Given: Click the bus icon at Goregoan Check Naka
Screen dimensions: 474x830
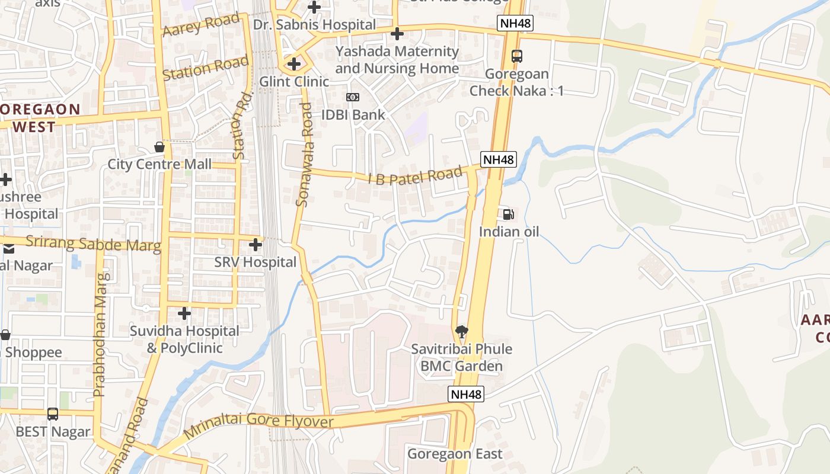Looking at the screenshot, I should tap(517, 56).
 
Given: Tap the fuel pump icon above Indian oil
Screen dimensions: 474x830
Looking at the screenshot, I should tap(508, 214).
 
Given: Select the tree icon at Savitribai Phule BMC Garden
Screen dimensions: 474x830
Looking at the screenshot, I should tap(461, 332).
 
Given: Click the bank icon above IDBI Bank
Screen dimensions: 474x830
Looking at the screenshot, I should tap(353, 97).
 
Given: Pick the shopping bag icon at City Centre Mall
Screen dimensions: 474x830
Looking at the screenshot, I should tap(159, 146).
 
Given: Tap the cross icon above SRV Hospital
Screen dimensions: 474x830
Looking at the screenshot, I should tap(256, 244).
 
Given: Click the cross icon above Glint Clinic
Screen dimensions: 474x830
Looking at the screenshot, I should tap(293, 63).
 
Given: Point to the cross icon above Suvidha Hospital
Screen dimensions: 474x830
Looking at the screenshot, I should tap(184, 313).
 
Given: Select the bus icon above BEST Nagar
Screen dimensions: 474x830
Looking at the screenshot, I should tap(53, 414).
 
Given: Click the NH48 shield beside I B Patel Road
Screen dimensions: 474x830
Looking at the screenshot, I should tap(499, 159).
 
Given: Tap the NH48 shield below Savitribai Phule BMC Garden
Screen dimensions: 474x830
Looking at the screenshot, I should tap(466, 394).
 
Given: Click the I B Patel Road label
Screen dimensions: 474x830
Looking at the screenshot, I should tap(415, 176).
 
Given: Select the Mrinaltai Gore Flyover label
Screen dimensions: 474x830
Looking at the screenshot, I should tap(259, 424).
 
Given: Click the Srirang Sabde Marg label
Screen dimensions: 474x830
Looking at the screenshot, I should tap(93, 244).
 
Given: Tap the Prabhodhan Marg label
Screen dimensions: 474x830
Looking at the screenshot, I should tap(100, 334).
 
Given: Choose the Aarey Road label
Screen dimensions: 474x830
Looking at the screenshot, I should tap(201, 25).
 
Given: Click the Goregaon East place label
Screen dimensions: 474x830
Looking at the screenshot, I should tap(455, 454).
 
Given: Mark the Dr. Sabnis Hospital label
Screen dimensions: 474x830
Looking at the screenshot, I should tap(314, 24).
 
